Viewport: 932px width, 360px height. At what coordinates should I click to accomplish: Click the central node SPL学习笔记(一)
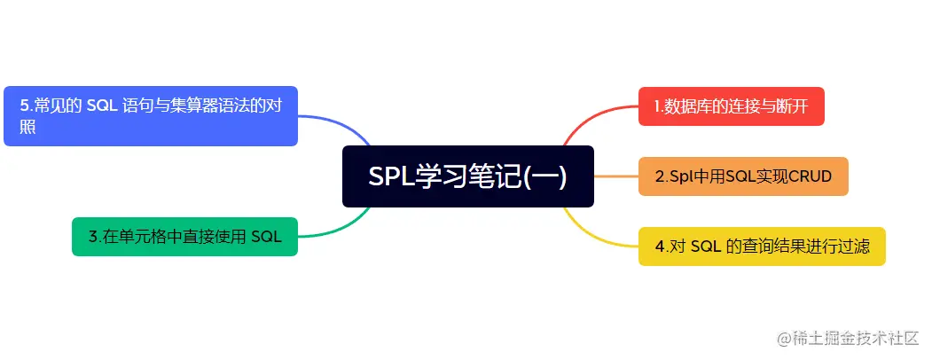tap(467, 176)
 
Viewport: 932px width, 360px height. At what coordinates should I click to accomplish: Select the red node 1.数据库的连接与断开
tap(731, 106)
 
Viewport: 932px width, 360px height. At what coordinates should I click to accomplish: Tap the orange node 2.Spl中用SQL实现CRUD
tap(743, 176)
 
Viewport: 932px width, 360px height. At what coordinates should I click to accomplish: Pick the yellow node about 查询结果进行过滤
tap(761, 246)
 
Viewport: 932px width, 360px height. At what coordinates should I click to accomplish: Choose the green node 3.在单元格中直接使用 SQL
tap(184, 236)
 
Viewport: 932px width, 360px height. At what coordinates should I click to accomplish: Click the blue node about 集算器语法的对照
tap(150, 115)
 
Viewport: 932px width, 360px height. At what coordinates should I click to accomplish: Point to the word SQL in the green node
tap(266, 236)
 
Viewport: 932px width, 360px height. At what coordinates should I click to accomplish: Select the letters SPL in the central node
tap(387, 176)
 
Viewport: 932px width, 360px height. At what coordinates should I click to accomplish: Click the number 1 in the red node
tap(657, 106)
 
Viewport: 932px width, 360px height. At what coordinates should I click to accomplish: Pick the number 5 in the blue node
tap(23, 106)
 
